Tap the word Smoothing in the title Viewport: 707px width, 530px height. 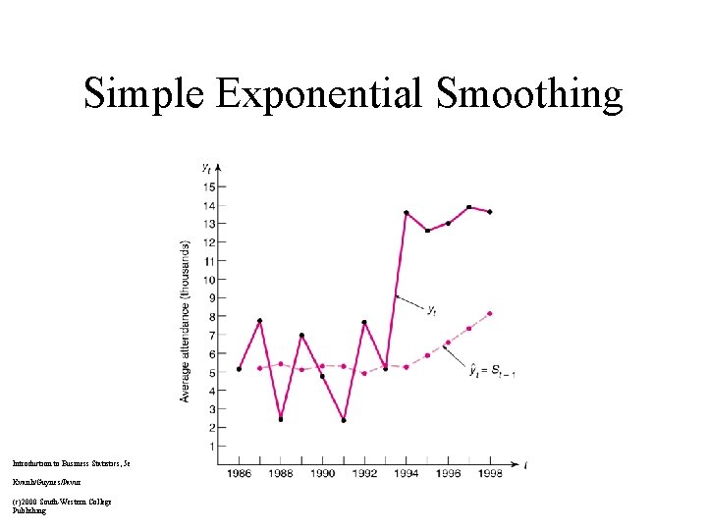(529, 95)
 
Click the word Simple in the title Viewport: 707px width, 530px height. (143, 95)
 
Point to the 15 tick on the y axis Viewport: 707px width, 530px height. (209, 186)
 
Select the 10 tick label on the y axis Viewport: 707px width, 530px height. (209, 280)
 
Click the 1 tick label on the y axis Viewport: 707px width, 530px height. (211, 447)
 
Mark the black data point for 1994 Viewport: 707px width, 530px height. (407, 213)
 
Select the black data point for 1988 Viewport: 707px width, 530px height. (281, 419)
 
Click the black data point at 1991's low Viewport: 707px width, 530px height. (344, 420)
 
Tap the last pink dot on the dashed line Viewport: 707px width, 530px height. (489, 314)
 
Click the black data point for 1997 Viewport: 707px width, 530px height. (468, 207)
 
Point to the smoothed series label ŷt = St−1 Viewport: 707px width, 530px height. (491, 370)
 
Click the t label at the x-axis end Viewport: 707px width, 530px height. (527, 464)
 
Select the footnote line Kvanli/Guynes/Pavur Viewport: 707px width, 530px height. (43, 483)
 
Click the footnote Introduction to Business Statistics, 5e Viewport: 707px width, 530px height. (70, 459)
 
